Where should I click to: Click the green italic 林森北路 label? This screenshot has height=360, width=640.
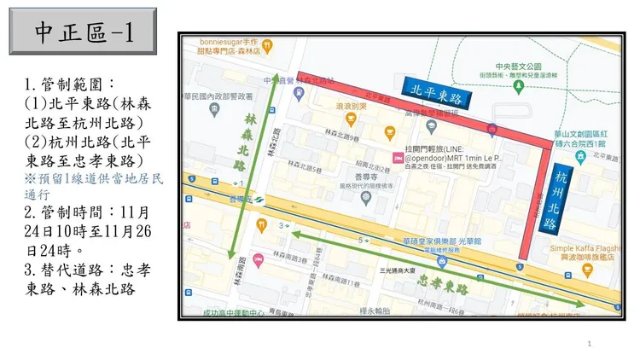pyautogui.click(x=251, y=141)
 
